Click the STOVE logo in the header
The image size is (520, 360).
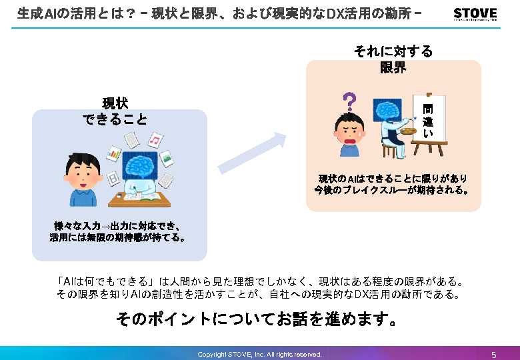click(475, 14)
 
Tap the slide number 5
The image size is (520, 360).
click(493, 354)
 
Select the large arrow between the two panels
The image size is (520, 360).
click(251, 154)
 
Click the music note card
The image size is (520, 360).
click(155, 139)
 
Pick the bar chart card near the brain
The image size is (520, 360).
click(113, 153)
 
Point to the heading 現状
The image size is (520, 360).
click(115, 103)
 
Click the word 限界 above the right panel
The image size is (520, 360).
click(393, 67)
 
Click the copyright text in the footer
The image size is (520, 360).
click(259, 354)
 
